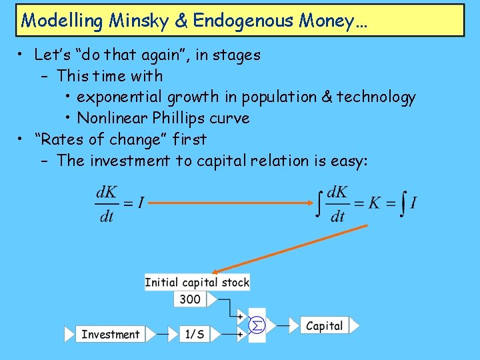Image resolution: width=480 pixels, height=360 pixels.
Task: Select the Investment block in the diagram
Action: [x=110, y=334]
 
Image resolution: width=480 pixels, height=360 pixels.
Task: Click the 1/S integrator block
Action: [x=195, y=334]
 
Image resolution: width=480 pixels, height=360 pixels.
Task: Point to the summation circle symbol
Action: [x=256, y=326]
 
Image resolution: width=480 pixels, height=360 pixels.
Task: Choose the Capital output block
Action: [x=325, y=326]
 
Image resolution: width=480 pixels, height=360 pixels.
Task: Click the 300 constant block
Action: [x=190, y=299]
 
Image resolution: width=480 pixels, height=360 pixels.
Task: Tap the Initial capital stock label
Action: [x=197, y=282]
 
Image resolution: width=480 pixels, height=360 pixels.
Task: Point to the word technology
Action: [x=376, y=97]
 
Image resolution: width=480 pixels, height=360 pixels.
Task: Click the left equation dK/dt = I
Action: [x=119, y=203]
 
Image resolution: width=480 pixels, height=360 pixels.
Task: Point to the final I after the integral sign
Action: [x=414, y=203]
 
